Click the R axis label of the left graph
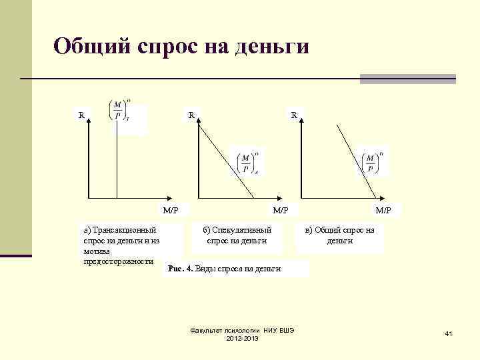81,115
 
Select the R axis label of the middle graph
191,115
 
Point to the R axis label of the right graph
293,115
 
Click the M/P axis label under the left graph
171,211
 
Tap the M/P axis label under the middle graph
281,211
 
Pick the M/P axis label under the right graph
383,211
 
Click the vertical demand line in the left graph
117,160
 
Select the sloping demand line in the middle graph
227,160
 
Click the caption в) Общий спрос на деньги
339,235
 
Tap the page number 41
448,333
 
